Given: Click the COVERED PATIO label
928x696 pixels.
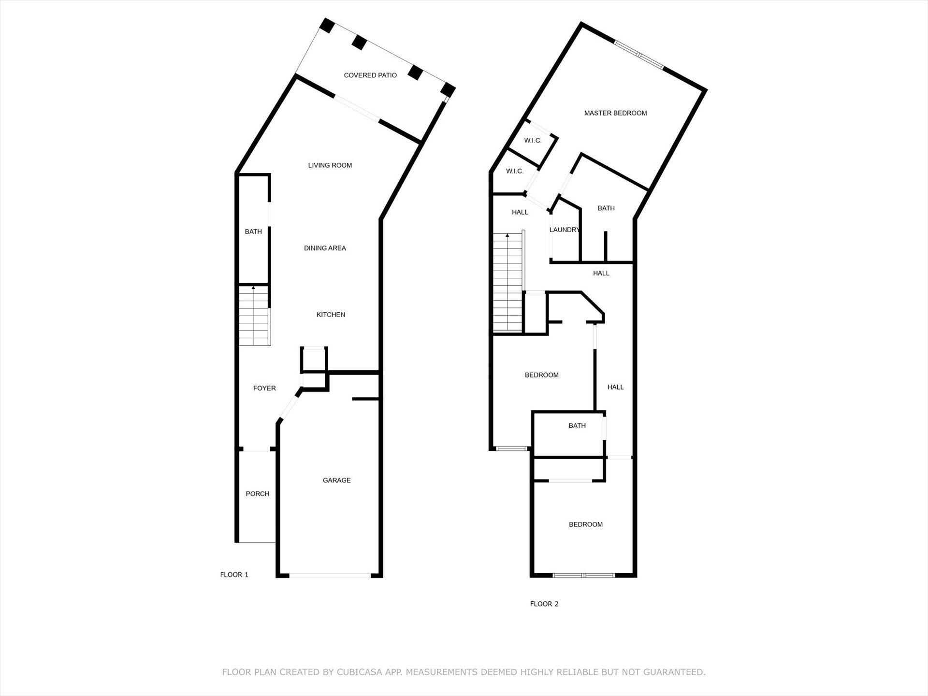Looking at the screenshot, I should [370, 75].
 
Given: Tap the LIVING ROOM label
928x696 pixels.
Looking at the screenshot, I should [330, 165].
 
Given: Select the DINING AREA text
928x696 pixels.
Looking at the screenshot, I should [325, 248].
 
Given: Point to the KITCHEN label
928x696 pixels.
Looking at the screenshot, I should [331, 315].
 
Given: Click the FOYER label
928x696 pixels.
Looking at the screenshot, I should [264, 388].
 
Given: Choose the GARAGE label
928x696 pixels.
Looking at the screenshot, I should [337, 480].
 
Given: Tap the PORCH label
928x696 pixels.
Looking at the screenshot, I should [258, 494].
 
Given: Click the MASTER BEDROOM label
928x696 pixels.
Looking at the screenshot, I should [615, 113].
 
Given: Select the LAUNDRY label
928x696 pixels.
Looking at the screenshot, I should [565, 230].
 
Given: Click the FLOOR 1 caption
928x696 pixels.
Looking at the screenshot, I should [234, 575].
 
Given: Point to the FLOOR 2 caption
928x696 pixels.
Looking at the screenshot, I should [544, 604].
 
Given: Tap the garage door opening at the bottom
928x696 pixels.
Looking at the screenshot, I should [330, 575].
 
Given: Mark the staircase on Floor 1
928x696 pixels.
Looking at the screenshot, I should [254, 315].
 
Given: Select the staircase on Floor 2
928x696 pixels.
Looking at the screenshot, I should [507, 282].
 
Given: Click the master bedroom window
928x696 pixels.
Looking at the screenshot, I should [638, 55].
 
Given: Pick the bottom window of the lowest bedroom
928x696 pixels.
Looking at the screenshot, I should [584, 575].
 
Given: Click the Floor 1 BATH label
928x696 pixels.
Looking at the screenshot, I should [253, 232].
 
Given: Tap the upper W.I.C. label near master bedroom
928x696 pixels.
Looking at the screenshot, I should [533, 141].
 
